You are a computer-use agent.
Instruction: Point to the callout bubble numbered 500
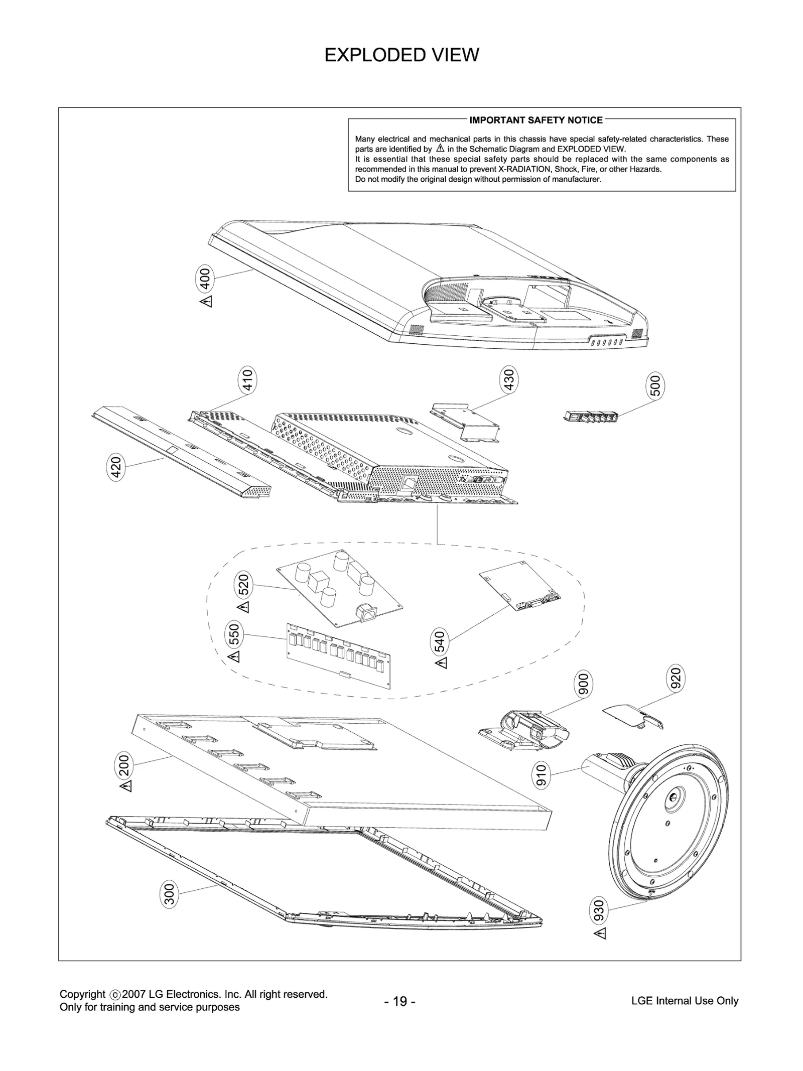[655, 385]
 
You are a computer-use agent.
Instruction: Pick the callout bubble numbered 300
[170, 894]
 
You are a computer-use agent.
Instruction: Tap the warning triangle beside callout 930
[600, 933]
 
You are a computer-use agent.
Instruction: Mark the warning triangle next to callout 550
[234, 656]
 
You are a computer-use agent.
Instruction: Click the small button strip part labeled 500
[590, 416]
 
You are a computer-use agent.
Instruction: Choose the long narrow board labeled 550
[338, 654]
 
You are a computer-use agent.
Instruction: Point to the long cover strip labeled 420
[181, 452]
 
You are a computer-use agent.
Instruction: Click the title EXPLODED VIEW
[401, 55]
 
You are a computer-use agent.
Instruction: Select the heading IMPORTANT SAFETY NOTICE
[536, 120]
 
